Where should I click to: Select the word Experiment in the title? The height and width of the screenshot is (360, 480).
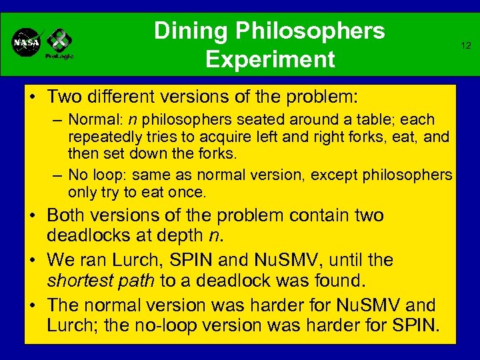click(x=270, y=59)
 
